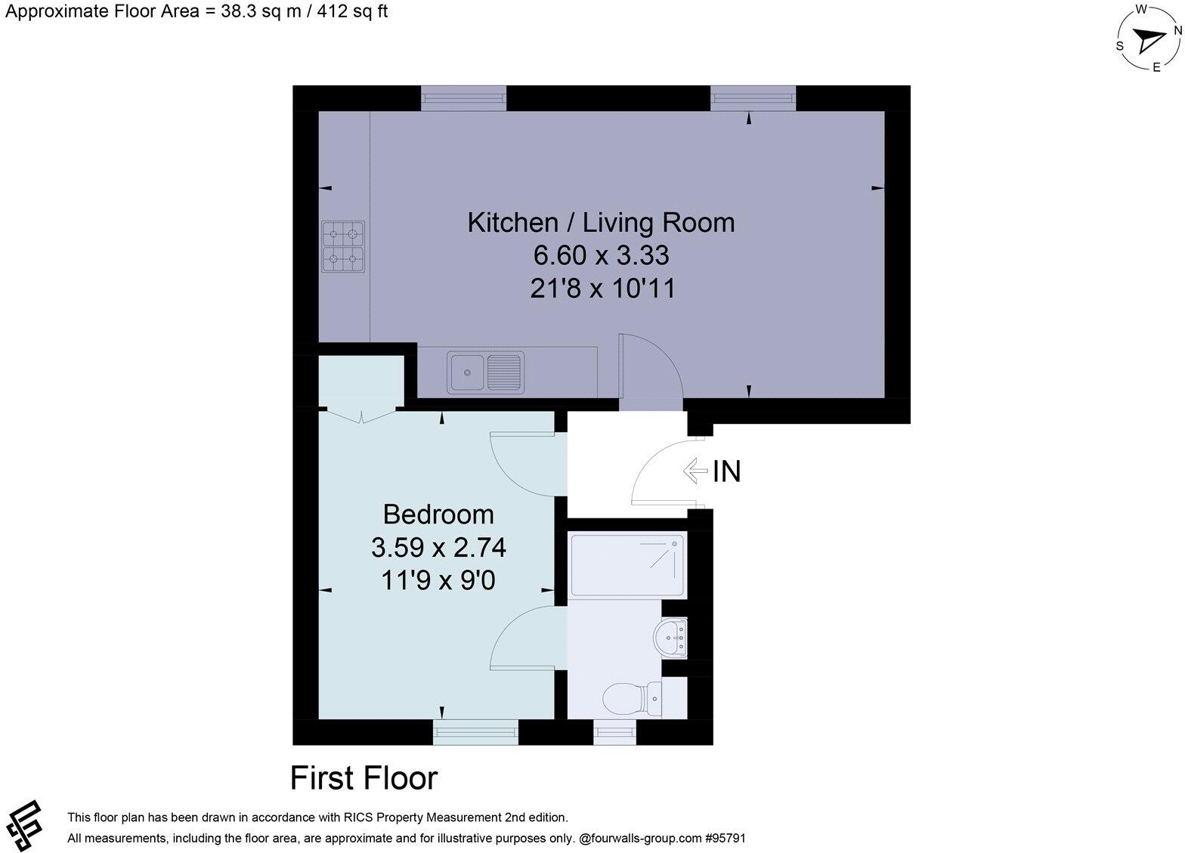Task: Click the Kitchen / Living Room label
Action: point(601,223)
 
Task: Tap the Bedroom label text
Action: point(438,515)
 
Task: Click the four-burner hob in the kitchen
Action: point(343,246)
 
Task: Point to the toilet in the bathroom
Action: point(636,698)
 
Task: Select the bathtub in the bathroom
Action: point(627,565)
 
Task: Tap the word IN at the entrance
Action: point(727,471)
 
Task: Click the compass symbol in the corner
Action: point(1149,39)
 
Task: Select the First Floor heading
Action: point(364,778)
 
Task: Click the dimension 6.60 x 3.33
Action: point(601,256)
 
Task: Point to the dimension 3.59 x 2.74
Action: point(438,547)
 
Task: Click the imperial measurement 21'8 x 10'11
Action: point(601,289)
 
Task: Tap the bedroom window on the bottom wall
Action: point(475,731)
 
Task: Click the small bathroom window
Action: point(614,731)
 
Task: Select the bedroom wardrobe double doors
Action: point(361,414)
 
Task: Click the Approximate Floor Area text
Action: point(196,11)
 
